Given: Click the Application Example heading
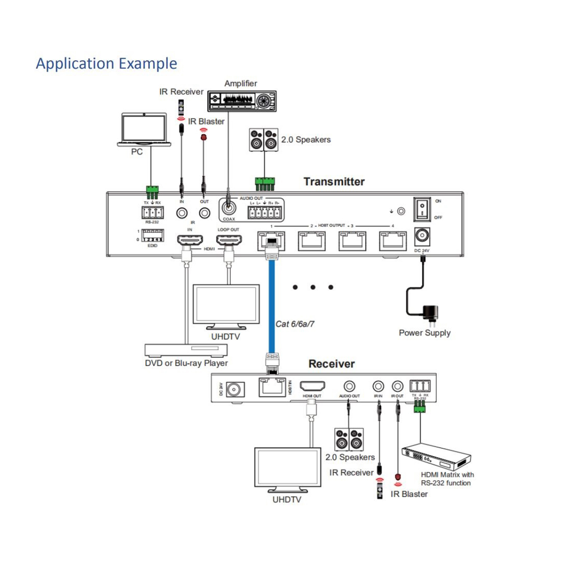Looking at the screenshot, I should click(x=106, y=63).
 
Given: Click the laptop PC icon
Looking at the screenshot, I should click(x=144, y=130).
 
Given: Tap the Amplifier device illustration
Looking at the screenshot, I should click(x=242, y=100).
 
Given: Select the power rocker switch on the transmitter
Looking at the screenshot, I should click(x=422, y=209).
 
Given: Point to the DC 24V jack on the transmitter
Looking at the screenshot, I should click(x=422, y=236).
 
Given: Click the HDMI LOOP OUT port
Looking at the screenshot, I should click(x=228, y=240).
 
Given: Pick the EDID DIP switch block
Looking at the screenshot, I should click(x=152, y=236).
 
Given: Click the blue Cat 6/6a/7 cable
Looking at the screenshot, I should click(x=271, y=308).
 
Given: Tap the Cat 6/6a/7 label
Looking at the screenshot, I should click(x=295, y=324).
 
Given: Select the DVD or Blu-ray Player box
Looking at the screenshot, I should click(x=186, y=350).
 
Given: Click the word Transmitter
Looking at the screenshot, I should click(x=334, y=181).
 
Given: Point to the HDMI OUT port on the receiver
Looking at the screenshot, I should click(x=312, y=387).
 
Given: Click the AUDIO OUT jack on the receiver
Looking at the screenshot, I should click(x=349, y=386).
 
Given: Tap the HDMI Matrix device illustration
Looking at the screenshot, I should click(x=436, y=458).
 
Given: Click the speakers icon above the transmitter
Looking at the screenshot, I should click(x=264, y=140).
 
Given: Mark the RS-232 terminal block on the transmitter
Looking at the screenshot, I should click(x=152, y=212).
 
